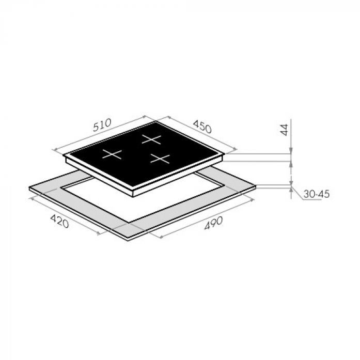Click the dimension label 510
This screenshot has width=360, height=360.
102,125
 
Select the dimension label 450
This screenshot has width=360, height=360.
202,127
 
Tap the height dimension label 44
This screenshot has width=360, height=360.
284,130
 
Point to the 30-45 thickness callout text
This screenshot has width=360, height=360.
317,194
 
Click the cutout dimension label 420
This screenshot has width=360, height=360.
59,221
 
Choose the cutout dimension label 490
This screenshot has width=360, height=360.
213,224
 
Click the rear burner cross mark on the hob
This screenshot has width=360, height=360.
151,139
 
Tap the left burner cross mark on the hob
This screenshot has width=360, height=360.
112,154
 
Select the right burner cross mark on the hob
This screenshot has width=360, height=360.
160,159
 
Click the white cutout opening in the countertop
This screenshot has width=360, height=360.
140,200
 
